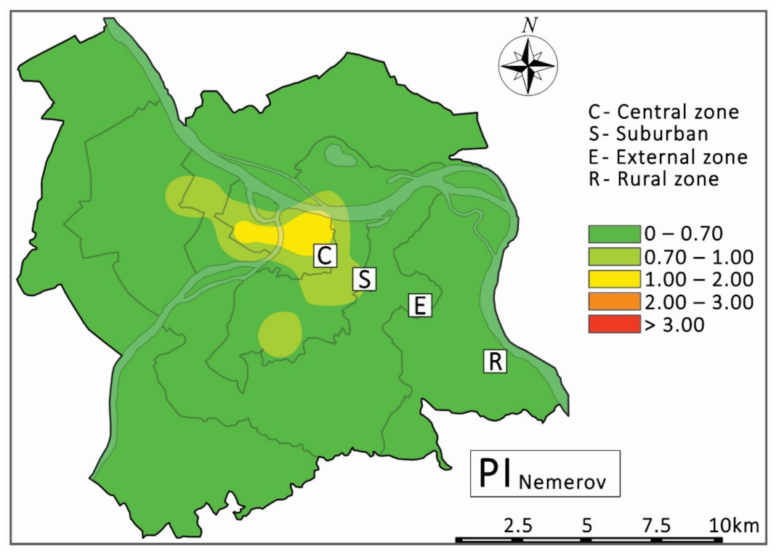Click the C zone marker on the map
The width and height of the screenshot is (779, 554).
pyautogui.click(x=325, y=256)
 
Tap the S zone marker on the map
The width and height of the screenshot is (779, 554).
pyautogui.click(x=364, y=279)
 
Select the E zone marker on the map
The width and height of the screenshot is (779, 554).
pyautogui.click(x=419, y=305)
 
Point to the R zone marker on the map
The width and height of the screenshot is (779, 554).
pyautogui.click(x=495, y=362)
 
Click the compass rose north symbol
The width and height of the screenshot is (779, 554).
pyautogui.click(x=528, y=63)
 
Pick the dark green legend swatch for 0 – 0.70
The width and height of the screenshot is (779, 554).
pyautogui.click(x=613, y=233)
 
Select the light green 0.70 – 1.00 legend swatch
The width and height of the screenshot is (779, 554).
pyautogui.click(x=613, y=256)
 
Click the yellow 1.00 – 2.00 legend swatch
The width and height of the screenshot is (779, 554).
pyautogui.click(x=613, y=279)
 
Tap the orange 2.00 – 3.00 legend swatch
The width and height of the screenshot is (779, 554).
pyautogui.click(x=613, y=301)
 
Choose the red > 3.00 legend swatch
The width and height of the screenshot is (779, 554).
pyautogui.click(x=613, y=324)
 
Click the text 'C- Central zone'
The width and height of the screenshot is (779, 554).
pyautogui.click(x=663, y=113)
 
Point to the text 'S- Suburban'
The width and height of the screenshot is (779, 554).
pyautogui.click(x=648, y=134)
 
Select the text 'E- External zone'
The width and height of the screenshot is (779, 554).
pyautogui.click(x=668, y=157)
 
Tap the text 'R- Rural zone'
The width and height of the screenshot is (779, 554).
pyautogui.click(x=653, y=179)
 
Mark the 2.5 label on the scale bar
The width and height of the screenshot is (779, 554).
pyautogui.click(x=517, y=525)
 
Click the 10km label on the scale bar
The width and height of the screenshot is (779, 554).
pyautogui.click(x=734, y=525)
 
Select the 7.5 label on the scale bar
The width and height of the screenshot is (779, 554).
pyautogui.click(x=656, y=525)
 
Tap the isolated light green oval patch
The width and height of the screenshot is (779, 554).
pyautogui.click(x=280, y=333)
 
